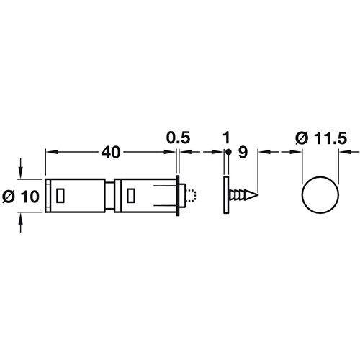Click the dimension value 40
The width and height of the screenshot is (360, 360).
109,152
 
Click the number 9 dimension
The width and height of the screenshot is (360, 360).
242,152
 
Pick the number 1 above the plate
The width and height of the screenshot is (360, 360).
226,136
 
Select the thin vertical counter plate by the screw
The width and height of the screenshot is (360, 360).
226,194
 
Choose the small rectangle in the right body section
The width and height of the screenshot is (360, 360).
130,194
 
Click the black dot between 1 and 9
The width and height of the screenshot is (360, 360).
226,152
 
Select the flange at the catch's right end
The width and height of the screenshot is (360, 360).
176,194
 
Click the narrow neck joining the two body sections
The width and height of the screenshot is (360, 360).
110,194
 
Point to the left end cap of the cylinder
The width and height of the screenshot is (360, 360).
48,194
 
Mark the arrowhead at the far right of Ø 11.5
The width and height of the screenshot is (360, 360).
341,152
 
